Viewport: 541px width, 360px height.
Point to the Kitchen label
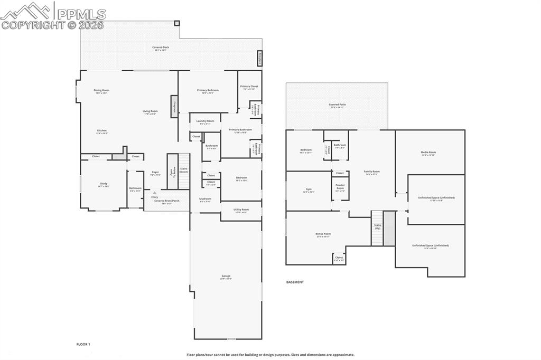[101, 131]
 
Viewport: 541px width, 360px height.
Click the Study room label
[104, 185]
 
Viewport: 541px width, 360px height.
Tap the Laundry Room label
[205, 122]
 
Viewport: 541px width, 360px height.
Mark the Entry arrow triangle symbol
[155, 193]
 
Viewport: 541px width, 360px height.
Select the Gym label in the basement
[309, 190]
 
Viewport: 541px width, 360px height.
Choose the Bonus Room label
[323, 235]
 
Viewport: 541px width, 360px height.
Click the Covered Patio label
[337, 106]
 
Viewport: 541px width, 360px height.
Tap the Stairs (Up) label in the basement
[378, 226]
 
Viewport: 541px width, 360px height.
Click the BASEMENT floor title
[295, 282]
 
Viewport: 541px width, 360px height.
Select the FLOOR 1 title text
[83, 344]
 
